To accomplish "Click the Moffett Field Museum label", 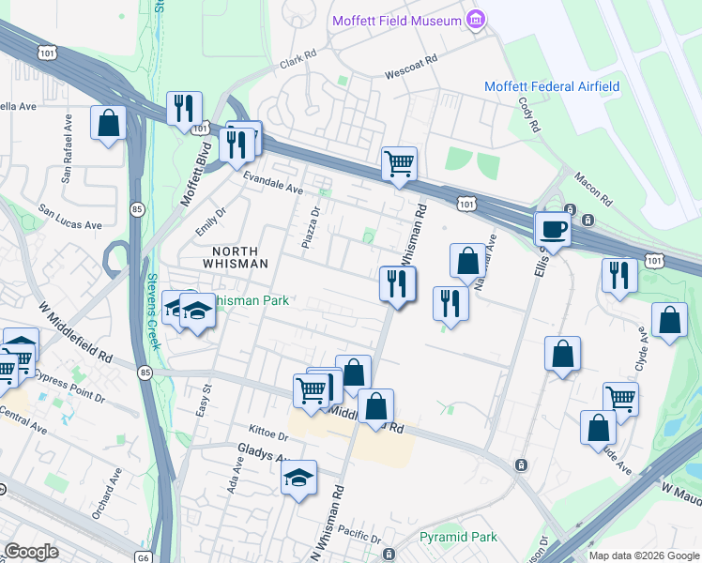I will click(x=394, y=21).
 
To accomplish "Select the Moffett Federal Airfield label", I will click(x=552, y=86).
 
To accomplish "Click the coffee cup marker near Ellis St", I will click(x=551, y=229).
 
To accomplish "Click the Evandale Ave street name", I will click(x=273, y=188).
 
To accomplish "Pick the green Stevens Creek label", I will click(x=153, y=311).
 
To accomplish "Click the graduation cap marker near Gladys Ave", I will click(x=299, y=478).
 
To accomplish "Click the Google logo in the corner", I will click(x=31, y=552).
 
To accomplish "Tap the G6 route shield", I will click(x=143, y=556).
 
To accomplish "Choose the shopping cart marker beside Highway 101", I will click(x=399, y=163).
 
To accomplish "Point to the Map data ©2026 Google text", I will click(x=644, y=555).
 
